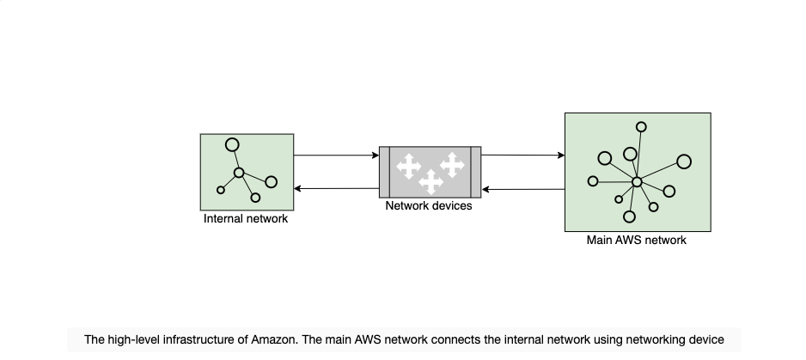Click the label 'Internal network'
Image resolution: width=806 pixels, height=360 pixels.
tap(246, 218)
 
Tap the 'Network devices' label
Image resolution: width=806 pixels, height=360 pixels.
tap(429, 205)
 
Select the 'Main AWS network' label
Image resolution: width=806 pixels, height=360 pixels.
tap(637, 241)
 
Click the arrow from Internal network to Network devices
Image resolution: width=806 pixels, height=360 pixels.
tap(336, 156)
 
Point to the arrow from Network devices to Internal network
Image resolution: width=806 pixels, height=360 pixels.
tap(336, 189)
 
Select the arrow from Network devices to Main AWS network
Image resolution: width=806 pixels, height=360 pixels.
tap(522, 155)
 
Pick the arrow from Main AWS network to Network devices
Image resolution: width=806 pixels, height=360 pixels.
tap(523, 189)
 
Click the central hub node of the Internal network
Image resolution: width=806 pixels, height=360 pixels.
tap(239, 173)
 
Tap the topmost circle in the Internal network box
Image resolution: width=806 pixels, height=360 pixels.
tap(232, 145)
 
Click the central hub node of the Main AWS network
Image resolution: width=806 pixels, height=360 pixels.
tap(637, 182)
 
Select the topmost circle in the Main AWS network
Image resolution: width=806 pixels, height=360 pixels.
tap(641, 126)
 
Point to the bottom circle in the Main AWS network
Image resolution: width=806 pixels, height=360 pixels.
tap(629, 217)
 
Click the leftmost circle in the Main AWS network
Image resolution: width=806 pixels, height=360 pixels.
tap(593, 181)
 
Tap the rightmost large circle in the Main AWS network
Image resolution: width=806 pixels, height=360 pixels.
tap(684, 162)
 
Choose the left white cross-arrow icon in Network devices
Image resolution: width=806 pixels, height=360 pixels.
tap(409, 166)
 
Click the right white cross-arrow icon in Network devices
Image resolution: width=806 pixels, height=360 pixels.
tap(452, 165)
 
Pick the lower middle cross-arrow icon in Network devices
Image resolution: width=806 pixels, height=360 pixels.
tap(430, 182)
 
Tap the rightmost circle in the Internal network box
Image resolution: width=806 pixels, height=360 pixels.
tap(272, 182)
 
